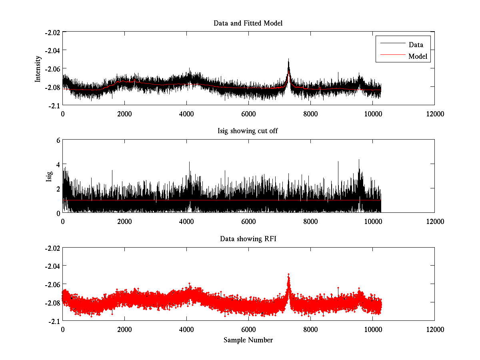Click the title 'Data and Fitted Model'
coord(248,23)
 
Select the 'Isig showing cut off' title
coord(248,131)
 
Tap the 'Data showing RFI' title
coord(248,239)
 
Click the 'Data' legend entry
coord(416,44)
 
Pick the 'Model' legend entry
coord(418,56)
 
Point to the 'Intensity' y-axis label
coord(38,68)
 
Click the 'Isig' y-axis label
coord(49,176)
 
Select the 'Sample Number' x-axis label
coord(248,340)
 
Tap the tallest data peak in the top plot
coord(288,60)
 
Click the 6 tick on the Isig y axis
coord(58,140)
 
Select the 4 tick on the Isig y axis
coord(58,164)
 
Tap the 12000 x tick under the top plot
coord(434,114)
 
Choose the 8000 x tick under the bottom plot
coord(310,330)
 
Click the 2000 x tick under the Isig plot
coord(124,222)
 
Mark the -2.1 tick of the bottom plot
coord(54,321)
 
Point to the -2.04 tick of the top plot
coord(52,50)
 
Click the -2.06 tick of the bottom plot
coord(52,284)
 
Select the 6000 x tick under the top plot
coord(248,114)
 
